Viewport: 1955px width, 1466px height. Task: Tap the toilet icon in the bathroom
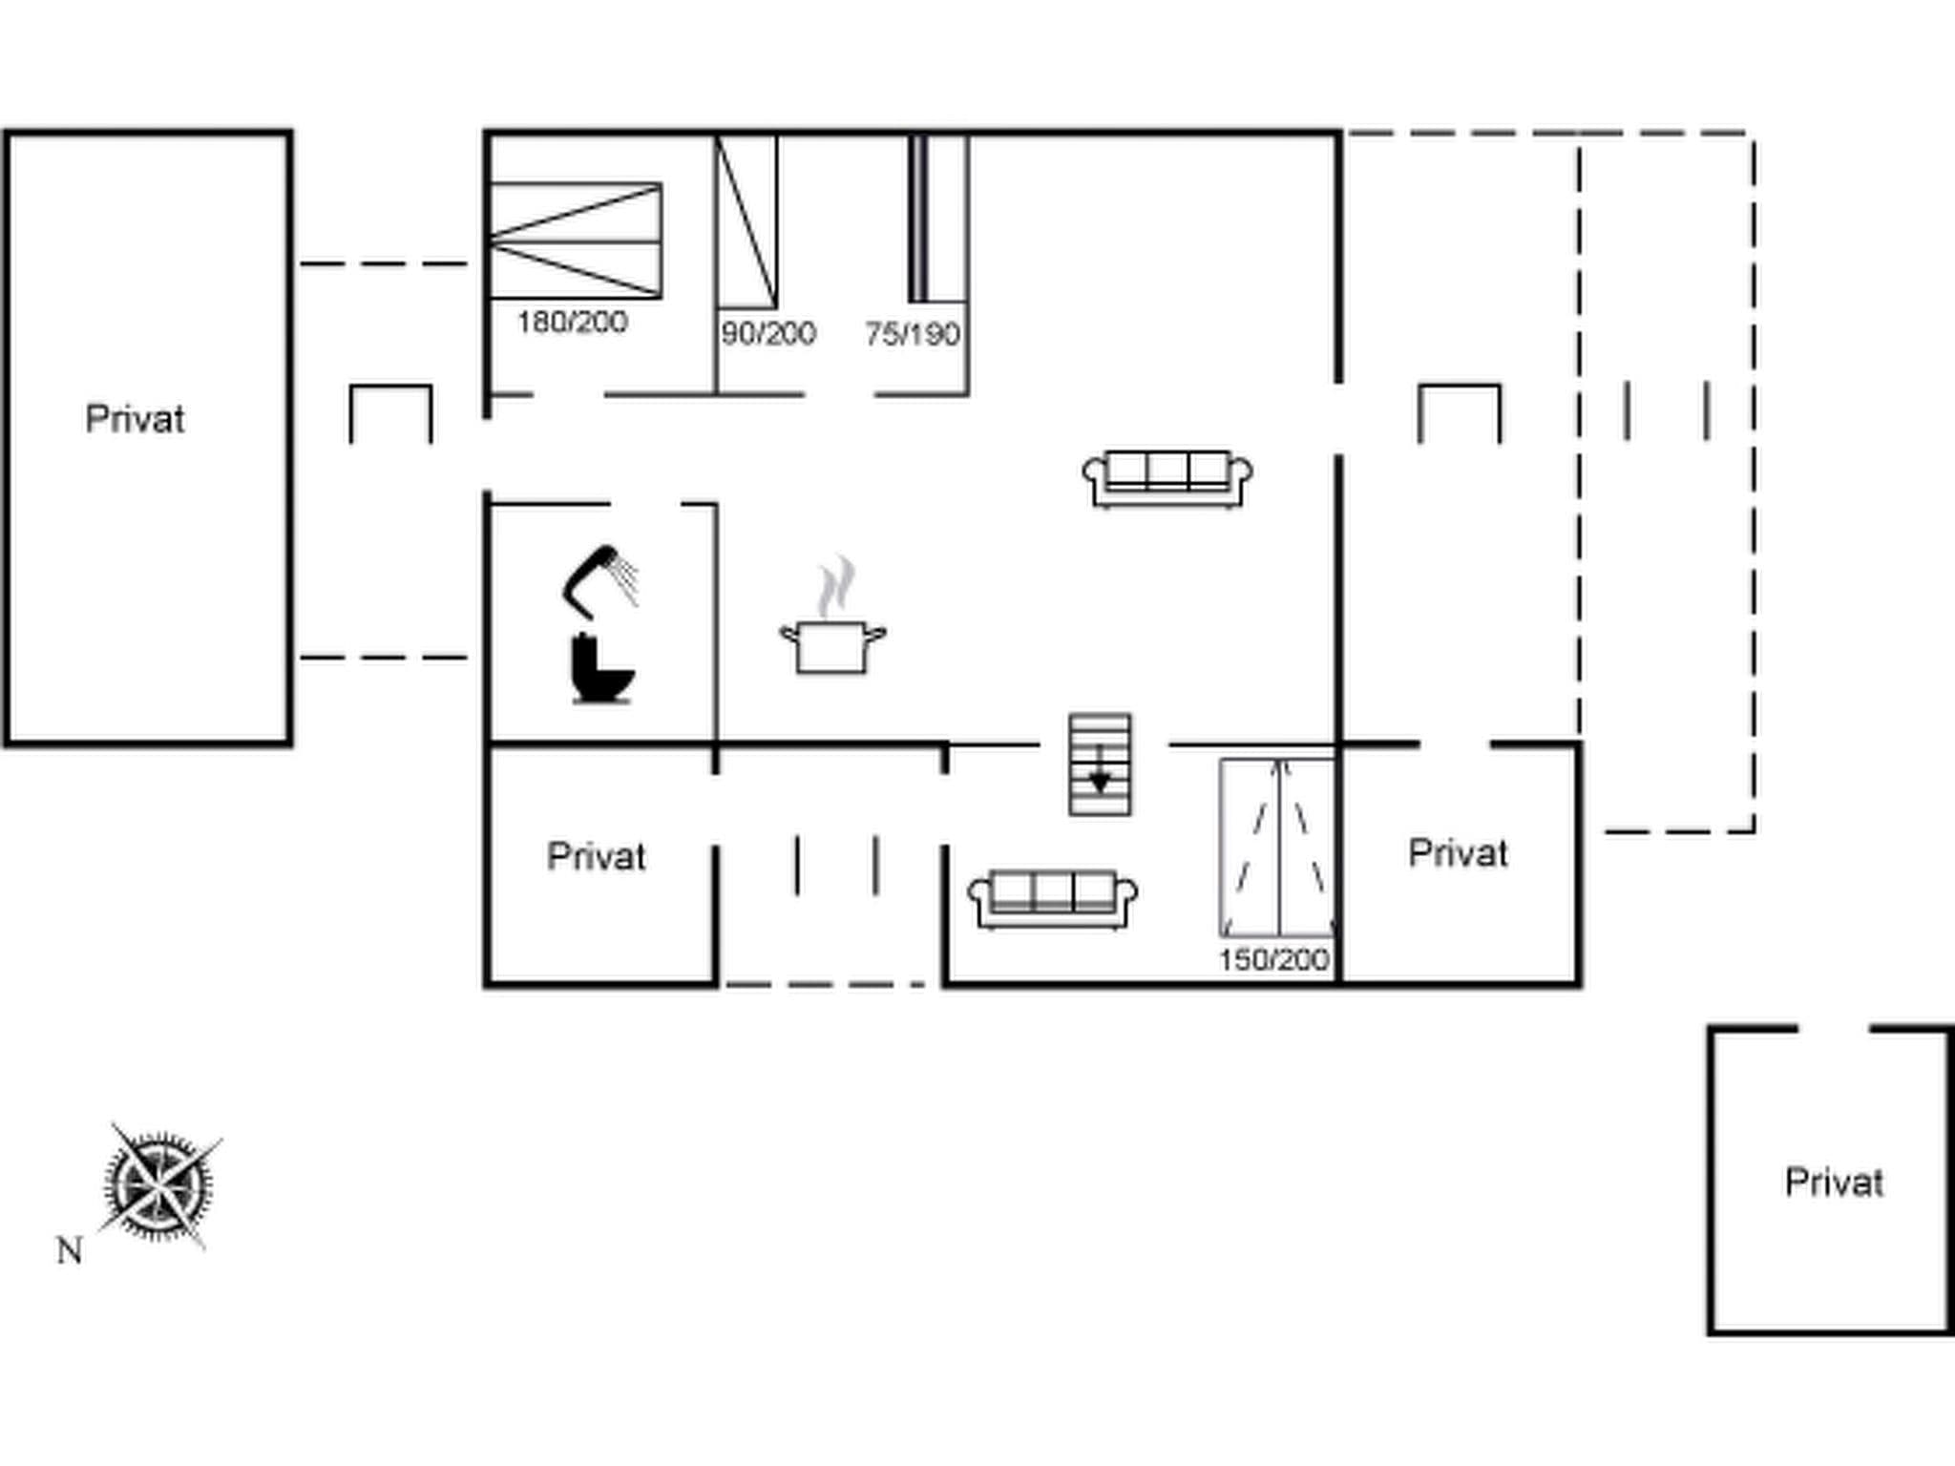pyautogui.click(x=601, y=669)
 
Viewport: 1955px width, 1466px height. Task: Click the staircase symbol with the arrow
pyautogui.click(x=1100, y=764)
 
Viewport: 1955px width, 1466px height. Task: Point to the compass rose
pyautogui.click(x=158, y=1186)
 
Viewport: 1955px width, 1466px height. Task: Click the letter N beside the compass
pyautogui.click(x=69, y=1250)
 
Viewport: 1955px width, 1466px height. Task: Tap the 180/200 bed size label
pyautogui.click(x=572, y=323)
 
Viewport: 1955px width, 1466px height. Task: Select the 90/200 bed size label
pyautogui.click(x=768, y=333)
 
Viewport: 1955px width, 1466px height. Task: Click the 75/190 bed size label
pyautogui.click(x=913, y=334)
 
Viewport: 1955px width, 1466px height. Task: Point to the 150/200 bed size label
pyautogui.click(x=1273, y=959)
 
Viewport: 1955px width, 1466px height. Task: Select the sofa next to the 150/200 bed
pyautogui.click(x=1052, y=898)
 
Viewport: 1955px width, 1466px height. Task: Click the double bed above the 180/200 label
pyautogui.click(x=576, y=241)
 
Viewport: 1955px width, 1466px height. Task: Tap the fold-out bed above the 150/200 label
pyautogui.click(x=1277, y=847)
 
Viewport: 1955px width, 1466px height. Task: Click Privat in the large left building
pyautogui.click(x=135, y=419)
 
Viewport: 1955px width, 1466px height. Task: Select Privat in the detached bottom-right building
pyautogui.click(x=1834, y=1183)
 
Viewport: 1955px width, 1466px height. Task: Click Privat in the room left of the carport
pyautogui.click(x=596, y=856)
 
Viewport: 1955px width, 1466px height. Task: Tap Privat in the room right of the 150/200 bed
pyautogui.click(x=1458, y=852)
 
